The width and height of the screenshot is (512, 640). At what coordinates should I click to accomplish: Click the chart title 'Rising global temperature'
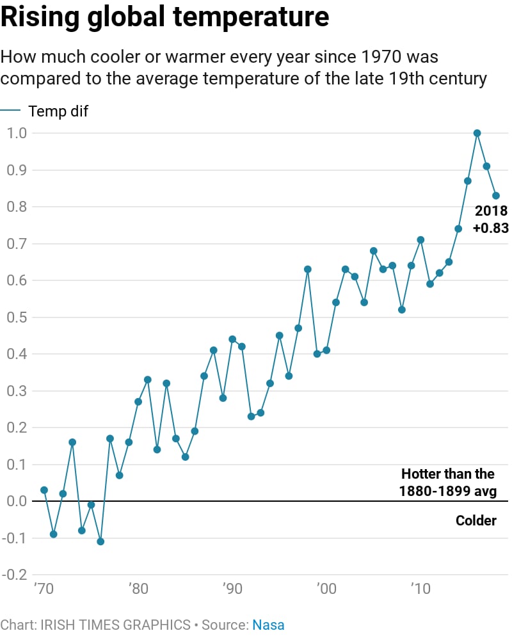pyautogui.click(x=165, y=18)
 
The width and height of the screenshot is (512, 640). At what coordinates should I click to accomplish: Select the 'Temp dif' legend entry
pyautogui.click(x=58, y=111)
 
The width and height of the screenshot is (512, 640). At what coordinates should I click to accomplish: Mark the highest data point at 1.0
pyautogui.click(x=477, y=133)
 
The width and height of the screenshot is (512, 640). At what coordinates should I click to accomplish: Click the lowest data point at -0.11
pyautogui.click(x=100, y=541)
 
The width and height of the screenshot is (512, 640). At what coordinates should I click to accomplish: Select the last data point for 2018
pyautogui.click(x=496, y=196)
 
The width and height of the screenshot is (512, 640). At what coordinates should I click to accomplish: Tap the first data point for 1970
pyautogui.click(x=44, y=490)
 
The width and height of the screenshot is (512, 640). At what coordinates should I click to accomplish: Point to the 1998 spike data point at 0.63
pyautogui.click(x=308, y=269)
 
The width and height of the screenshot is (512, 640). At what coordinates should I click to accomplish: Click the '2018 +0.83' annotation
pyautogui.click(x=491, y=219)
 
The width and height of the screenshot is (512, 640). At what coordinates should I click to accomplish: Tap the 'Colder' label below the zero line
pyautogui.click(x=476, y=520)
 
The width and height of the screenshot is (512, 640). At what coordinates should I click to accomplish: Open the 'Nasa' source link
pyautogui.click(x=268, y=625)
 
